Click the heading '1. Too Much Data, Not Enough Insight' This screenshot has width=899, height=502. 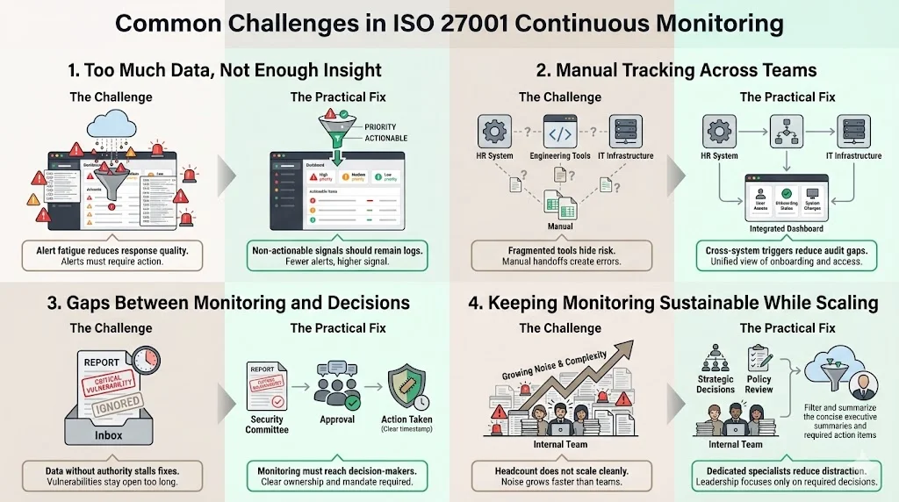point(225,70)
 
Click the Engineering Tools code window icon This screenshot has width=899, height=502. point(560,133)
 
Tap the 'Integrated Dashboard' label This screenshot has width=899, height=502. point(787,228)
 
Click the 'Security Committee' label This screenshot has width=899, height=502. point(267,424)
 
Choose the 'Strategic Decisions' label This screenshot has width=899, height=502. point(716,383)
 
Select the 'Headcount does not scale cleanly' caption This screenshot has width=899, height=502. point(560,471)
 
